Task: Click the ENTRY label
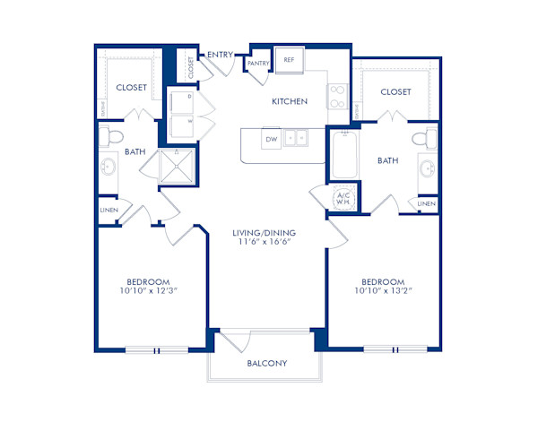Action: [x=221, y=55]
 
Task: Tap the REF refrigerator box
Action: [x=289, y=60]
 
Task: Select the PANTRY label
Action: [x=260, y=64]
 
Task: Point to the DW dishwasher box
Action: [x=270, y=139]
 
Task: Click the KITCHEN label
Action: [x=290, y=102]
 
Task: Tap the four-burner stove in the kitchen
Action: [x=338, y=96]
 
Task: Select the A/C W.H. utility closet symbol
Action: [x=343, y=199]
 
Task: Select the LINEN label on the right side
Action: [x=426, y=204]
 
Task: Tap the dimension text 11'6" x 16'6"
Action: [x=266, y=243]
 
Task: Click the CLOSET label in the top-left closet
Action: [x=132, y=88]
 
